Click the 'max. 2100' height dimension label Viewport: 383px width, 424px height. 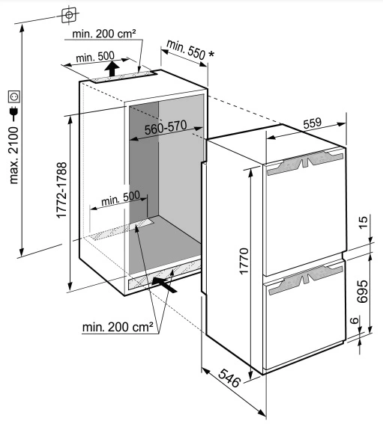tap(13, 156)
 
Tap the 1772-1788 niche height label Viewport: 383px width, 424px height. tap(61, 190)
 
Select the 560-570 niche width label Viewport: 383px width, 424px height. tap(166, 127)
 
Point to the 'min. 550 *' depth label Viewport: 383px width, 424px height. tap(190, 50)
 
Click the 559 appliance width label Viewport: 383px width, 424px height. tap(313, 123)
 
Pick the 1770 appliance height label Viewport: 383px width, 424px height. tap(244, 261)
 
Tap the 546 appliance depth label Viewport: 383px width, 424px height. tap(229, 378)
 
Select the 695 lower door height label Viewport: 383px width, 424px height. tap(363, 291)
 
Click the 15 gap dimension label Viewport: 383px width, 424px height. tap(364, 222)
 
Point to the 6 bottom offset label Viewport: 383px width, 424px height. tap(355, 321)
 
